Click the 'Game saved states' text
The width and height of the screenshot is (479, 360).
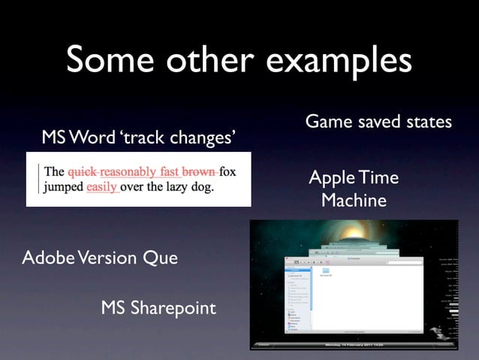[x=378, y=121]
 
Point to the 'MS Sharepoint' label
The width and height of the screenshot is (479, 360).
[x=158, y=307]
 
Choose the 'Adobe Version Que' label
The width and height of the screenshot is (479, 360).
[x=100, y=258]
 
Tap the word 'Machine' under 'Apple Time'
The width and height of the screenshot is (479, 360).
[x=354, y=201]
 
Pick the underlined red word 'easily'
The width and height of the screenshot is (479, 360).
[x=102, y=187]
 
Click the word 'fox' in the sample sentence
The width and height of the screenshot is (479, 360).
[x=227, y=171]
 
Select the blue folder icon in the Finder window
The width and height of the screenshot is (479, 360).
[x=327, y=271]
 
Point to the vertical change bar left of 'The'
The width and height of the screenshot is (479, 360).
[x=39, y=179]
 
